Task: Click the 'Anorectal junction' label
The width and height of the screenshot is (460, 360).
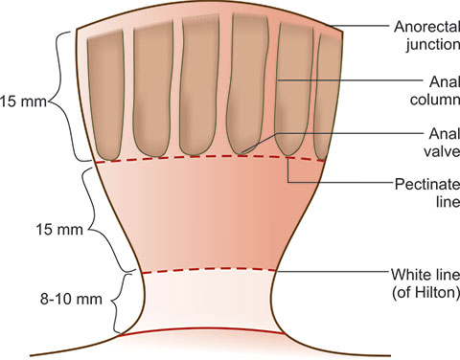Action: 427,35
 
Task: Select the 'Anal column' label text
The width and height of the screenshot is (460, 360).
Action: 435,91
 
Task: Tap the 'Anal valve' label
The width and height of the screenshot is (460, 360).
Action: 442,143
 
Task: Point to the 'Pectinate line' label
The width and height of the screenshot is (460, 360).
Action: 427,193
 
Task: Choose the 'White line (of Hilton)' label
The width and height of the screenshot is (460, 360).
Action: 425,283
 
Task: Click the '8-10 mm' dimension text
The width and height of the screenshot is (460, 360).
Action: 71,300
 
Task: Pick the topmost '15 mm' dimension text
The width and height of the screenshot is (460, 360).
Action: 23,102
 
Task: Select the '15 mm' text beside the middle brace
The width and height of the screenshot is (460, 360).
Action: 59,230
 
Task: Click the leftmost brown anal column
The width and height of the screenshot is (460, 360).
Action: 105,95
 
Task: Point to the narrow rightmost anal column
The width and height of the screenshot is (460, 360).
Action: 327,96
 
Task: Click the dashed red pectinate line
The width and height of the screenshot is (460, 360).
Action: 211,158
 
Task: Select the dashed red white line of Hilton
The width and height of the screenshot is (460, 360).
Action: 208,271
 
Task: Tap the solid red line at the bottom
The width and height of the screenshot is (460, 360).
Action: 200,329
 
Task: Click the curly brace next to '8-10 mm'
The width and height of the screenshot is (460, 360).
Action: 119,302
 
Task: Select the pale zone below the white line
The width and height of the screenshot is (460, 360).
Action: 208,301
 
